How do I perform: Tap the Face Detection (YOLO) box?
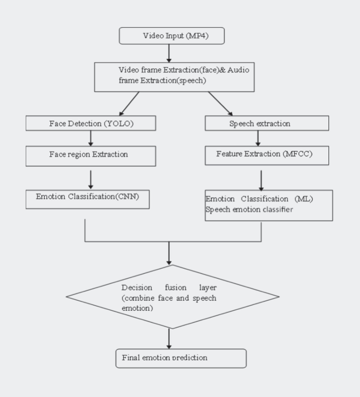tap(90, 123)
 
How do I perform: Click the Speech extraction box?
tap(266, 123)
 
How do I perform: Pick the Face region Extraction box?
tap(90, 156)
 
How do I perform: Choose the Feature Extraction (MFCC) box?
tap(266, 156)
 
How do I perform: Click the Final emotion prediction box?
tap(180, 358)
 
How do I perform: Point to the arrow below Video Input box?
tap(169, 53)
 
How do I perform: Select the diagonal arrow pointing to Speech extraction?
tap(221, 103)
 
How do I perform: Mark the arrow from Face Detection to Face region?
tap(91, 138)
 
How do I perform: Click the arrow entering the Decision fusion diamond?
tap(169, 253)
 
